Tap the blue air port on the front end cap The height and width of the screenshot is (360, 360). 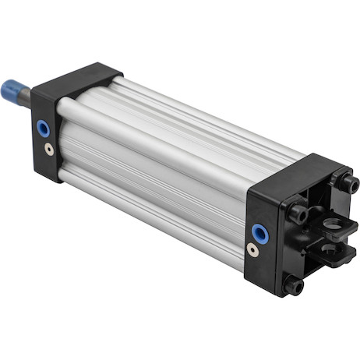[42, 126]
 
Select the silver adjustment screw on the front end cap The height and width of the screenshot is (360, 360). [48, 147]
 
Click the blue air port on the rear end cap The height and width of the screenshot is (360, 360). [257, 231]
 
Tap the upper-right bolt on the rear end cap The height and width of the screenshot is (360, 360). [349, 185]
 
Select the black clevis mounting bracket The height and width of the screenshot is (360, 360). [323, 242]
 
